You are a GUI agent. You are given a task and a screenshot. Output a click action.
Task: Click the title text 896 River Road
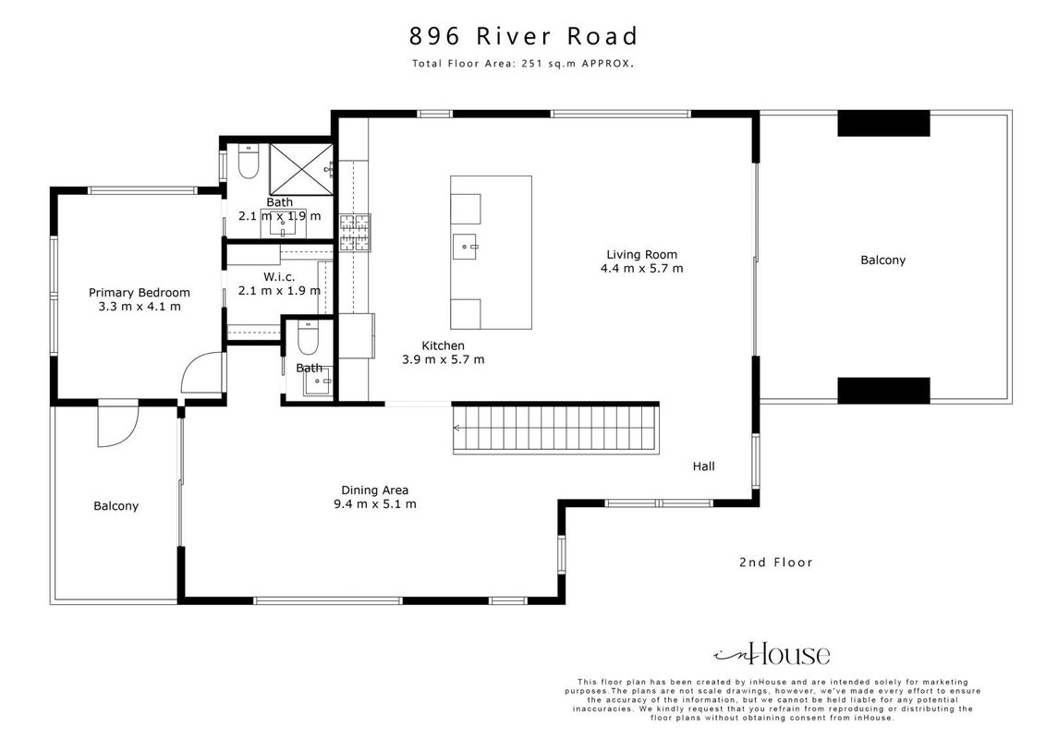pyautogui.click(x=523, y=36)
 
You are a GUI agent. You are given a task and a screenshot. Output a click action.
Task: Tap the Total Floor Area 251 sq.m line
pyautogui.click(x=523, y=64)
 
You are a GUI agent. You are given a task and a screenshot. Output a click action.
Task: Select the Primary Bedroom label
pyautogui.click(x=140, y=292)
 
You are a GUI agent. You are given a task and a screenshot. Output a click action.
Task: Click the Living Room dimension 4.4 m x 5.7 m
pyautogui.click(x=642, y=269)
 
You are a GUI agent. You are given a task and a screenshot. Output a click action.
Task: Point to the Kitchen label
pyautogui.click(x=443, y=345)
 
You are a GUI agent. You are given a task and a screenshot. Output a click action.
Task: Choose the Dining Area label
pyautogui.click(x=375, y=491)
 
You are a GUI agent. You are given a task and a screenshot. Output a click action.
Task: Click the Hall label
pyautogui.click(x=704, y=466)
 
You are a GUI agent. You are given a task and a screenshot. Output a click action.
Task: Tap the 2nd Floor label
pyautogui.click(x=776, y=563)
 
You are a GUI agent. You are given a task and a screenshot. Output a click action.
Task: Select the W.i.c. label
pyautogui.click(x=279, y=276)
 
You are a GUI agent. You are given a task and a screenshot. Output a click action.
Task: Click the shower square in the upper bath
pyautogui.click(x=301, y=169)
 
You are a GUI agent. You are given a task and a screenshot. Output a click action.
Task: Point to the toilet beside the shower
pyautogui.click(x=249, y=162)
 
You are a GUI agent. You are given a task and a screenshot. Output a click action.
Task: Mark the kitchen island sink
pyautogui.click(x=465, y=247)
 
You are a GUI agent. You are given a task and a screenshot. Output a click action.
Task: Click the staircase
pyautogui.click(x=556, y=430)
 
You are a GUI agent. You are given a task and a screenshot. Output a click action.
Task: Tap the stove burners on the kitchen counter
pyautogui.click(x=355, y=233)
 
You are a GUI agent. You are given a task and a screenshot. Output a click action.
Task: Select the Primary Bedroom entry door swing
pyautogui.click(x=201, y=372)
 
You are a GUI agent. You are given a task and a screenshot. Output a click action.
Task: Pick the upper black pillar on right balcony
pyautogui.click(x=883, y=124)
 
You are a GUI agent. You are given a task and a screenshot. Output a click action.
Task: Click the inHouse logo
pyautogui.click(x=772, y=654)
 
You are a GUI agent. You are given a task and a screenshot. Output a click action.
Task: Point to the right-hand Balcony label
pyautogui.click(x=883, y=260)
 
